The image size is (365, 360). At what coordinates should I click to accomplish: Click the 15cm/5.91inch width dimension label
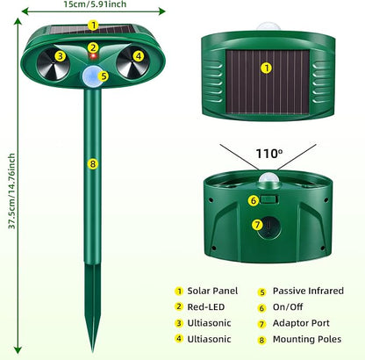[95, 4]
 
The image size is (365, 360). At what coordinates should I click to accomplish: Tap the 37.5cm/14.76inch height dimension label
[11, 191]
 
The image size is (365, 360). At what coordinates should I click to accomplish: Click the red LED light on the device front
[93, 56]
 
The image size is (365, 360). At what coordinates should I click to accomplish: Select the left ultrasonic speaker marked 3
[54, 64]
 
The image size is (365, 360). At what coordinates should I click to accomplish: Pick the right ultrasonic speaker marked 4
[133, 62]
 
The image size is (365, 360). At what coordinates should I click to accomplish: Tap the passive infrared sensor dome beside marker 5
[89, 76]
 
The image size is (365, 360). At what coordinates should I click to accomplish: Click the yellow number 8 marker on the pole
[93, 164]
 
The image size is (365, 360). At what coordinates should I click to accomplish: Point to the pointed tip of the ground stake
[93, 351]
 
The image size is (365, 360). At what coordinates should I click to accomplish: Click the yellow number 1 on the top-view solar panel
[266, 68]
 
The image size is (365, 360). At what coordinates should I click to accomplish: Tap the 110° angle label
[269, 154]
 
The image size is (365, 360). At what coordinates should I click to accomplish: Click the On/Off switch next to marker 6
[268, 200]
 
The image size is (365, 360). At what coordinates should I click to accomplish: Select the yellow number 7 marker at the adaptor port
[257, 225]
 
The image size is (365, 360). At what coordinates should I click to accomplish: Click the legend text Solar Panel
[212, 291]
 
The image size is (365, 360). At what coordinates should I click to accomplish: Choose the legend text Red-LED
[206, 307]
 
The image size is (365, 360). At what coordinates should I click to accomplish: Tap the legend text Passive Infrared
[308, 291]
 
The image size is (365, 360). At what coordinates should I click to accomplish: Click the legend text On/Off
[288, 307]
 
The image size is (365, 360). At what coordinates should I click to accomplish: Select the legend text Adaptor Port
[301, 323]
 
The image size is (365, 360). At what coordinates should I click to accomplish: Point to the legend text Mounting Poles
[307, 340]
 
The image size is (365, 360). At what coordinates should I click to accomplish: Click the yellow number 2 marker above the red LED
[93, 47]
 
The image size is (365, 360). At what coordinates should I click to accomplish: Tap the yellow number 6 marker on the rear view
[254, 201]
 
